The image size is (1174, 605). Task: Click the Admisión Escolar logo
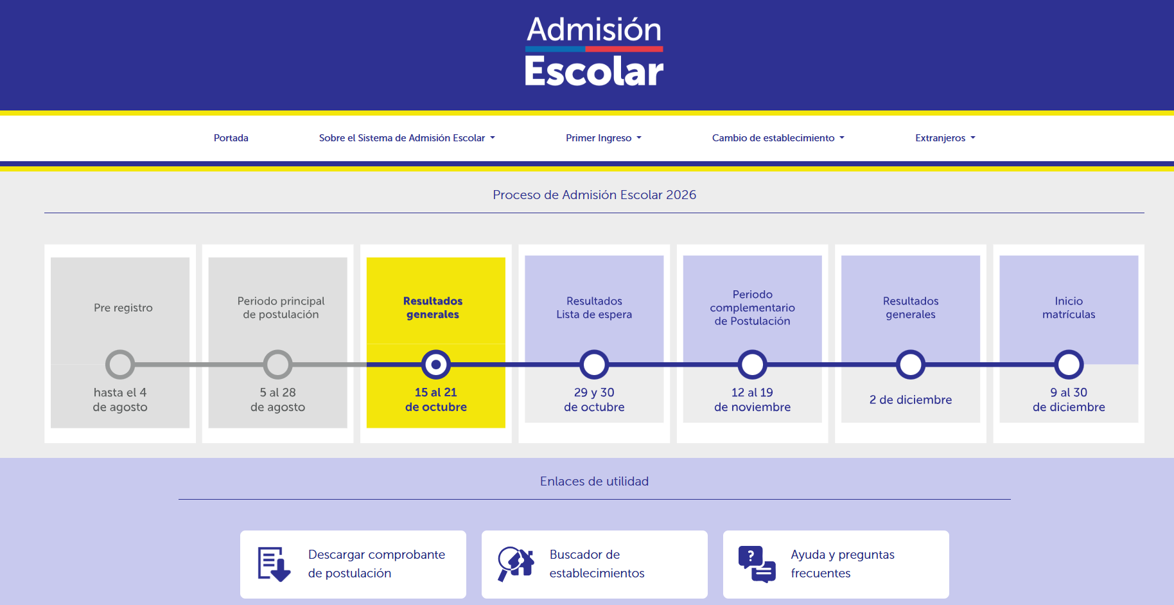coord(594,51)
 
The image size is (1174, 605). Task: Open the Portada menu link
coord(231,138)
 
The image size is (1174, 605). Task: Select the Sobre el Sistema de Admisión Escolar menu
coord(407,138)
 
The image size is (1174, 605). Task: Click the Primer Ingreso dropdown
coord(604,138)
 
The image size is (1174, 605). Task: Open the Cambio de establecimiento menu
coord(778,138)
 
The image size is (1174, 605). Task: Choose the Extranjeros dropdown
coord(945,138)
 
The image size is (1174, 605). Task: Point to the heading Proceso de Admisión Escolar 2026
coord(594,195)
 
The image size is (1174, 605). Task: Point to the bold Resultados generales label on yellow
coord(433,308)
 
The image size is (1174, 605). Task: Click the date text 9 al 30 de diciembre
coord(1069,399)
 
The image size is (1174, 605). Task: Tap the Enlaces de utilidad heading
coord(594,481)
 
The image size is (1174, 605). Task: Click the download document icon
coord(274,565)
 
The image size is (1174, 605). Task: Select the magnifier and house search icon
coord(516,564)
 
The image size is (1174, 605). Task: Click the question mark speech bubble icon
coord(757,565)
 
